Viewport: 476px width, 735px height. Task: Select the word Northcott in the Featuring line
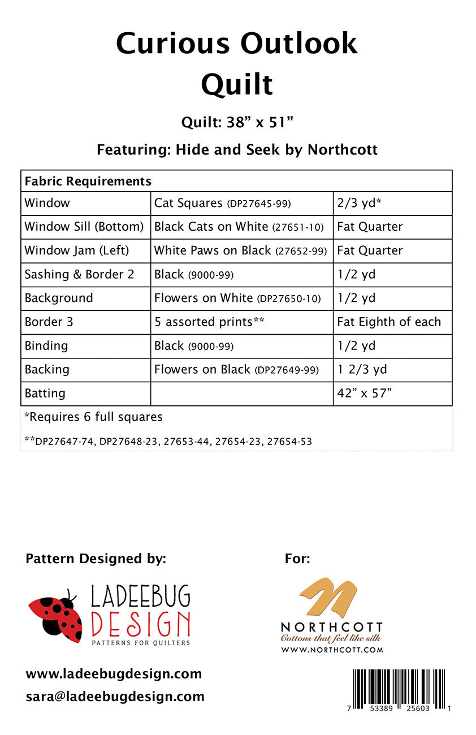(343, 150)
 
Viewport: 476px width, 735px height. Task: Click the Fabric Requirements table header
(88, 181)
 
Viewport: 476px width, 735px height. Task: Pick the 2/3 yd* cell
(360, 203)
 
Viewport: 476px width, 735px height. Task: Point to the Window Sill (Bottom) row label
(84, 227)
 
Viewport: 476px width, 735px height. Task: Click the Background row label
(59, 298)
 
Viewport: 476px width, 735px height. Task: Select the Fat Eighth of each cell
(389, 322)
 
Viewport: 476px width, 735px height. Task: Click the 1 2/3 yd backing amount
(362, 369)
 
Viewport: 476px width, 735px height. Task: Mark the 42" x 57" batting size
(364, 393)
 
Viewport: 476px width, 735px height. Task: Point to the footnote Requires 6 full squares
(93, 417)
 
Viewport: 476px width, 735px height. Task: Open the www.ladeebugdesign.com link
(114, 674)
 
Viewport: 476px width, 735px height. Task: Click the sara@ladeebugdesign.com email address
(115, 697)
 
